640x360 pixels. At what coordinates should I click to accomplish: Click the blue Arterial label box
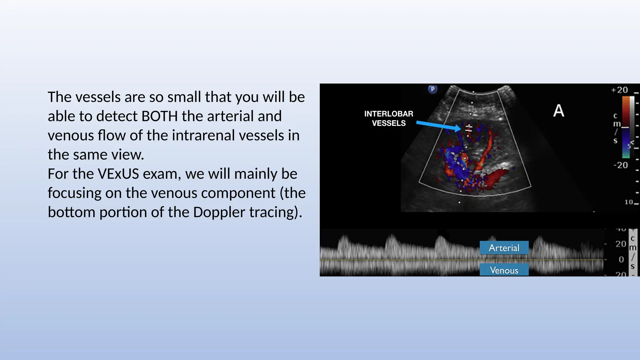(x=504, y=248)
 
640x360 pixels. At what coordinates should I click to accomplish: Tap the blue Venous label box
(x=504, y=270)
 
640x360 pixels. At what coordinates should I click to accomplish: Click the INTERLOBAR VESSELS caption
(x=388, y=118)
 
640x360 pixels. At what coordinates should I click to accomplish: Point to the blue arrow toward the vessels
(x=437, y=126)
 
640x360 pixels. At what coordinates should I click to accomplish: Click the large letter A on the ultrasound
(x=558, y=111)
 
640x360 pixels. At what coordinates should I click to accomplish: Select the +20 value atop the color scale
(x=619, y=90)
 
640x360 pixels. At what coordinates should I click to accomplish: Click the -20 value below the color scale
(x=621, y=165)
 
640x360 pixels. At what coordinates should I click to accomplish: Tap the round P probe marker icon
(x=432, y=89)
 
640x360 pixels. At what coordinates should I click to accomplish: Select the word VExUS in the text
(x=118, y=174)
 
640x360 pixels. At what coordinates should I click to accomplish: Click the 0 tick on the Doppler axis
(x=621, y=259)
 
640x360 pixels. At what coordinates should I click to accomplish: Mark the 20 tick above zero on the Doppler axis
(x=621, y=244)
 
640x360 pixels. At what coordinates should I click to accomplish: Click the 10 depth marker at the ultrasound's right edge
(x=629, y=202)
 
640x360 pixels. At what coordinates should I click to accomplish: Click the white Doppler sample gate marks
(x=468, y=128)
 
